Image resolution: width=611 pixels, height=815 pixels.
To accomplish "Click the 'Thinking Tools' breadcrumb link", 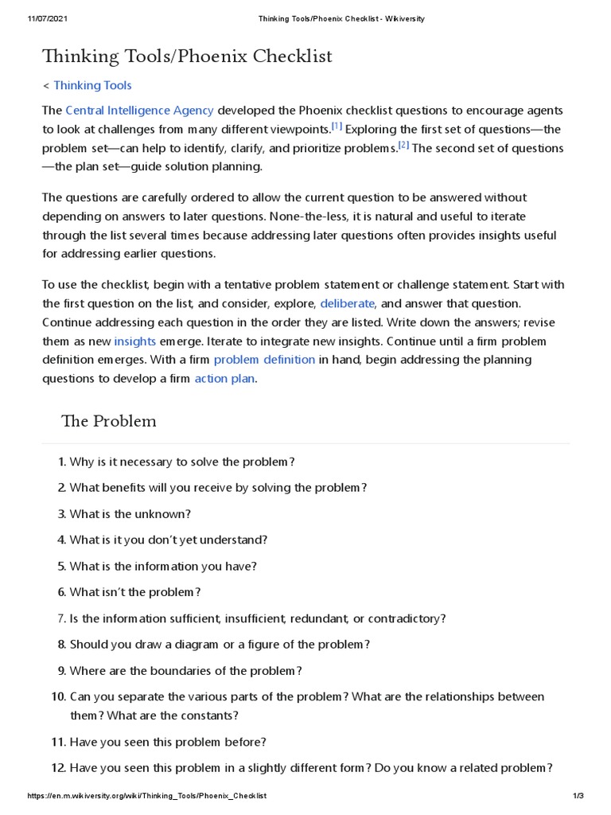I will [92, 85].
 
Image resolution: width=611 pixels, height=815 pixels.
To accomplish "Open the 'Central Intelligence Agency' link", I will [139, 110].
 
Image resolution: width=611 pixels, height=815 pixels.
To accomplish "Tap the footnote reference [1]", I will [337, 126].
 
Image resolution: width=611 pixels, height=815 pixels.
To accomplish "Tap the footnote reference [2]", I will [403, 145].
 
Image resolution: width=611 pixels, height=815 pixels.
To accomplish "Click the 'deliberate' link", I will [347, 303].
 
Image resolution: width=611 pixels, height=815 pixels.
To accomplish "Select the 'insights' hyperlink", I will [134, 341].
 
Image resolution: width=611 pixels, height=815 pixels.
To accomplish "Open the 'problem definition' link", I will [264, 360].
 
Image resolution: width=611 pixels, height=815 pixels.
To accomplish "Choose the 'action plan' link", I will [224, 379].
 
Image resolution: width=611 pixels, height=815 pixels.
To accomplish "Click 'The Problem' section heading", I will [109, 421].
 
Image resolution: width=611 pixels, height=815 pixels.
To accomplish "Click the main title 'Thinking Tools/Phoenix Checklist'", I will [187, 57].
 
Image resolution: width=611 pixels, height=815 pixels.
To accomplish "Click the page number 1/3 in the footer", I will [578, 796].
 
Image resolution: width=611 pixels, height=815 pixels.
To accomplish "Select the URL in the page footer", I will [147, 796].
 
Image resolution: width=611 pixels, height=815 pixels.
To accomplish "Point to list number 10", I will [58, 696].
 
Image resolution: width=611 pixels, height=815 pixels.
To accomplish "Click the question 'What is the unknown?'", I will [130, 513].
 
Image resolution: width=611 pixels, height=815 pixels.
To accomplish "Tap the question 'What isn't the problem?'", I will [135, 592].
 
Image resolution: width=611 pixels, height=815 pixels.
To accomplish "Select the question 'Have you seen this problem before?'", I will [168, 742].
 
